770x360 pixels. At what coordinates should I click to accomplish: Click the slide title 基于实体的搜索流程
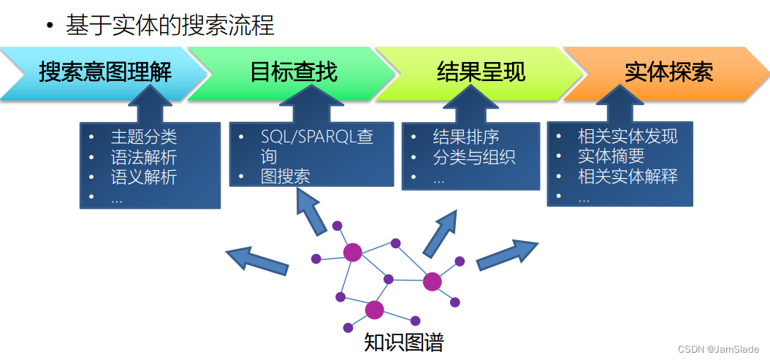[x=169, y=26]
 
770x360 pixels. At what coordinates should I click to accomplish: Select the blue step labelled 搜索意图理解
[x=105, y=72]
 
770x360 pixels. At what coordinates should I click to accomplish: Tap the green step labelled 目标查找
[x=293, y=72]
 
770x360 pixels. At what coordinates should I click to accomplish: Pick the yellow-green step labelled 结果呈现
[x=481, y=72]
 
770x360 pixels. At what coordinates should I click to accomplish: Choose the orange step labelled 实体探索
[x=668, y=72]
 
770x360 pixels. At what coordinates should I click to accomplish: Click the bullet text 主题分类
[x=143, y=137]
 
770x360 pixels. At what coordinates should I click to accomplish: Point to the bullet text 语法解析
[x=143, y=157]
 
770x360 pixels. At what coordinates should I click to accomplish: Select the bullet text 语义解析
[x=143, y=177]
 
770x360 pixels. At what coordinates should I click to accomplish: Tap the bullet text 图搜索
[x=285, y=176]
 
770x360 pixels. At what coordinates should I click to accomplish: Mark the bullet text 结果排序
[x=466, y=137]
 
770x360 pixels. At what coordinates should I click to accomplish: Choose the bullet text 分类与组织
[x=474, y=157]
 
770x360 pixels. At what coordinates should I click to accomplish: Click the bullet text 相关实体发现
[x=628, y=137]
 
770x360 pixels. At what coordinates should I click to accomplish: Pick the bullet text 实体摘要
[x=611, y=156]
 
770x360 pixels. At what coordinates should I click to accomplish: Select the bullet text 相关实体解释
[x=628, y=176]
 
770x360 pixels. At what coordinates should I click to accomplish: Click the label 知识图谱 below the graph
[x=403, y=342]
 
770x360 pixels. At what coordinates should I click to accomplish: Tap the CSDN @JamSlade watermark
[x=719, y=350]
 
